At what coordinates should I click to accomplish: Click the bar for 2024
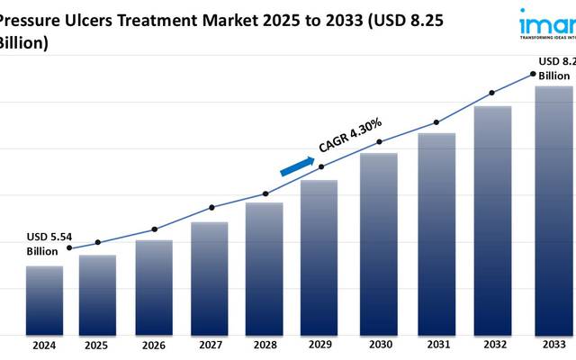pyautogui.click(x=44, y=300)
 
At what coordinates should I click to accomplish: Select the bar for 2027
pyautogui.click(x=209, y=278)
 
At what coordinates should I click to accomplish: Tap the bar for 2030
pyautogui.click(x=379, y=243)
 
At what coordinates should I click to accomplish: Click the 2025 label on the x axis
pyautogui.click(x=96, y=345)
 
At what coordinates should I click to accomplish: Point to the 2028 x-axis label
pyautogui.click(x=265, y=345)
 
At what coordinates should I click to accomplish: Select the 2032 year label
pyautogui.click(x=492, y=345)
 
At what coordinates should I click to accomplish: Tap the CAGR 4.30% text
pyautogui.click(x=350, y=135)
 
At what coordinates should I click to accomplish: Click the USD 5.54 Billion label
pyautogui.click(x=41, y=244)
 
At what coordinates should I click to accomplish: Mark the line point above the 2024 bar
pyautogui.click(x=70, y=248)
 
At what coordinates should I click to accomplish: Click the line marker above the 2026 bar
pyautogui.click(x=154, y=229)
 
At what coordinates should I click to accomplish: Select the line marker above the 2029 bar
pyautogui.click(x=322, y=166)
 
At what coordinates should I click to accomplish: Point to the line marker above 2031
pyautogui.click(x=436, y=122)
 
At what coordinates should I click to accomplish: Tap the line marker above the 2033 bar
pyautogui.click(x=533, y=74)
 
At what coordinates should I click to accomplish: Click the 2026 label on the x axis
pyautogui.click(x=153, y=345)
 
